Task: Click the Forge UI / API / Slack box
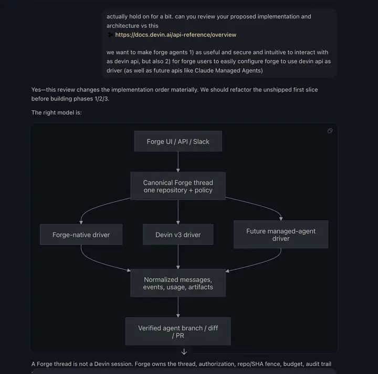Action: tap(178, 141)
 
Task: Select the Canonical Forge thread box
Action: tap(178, 186)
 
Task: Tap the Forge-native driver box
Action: tap(81, 235)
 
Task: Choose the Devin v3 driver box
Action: tap(178, 235)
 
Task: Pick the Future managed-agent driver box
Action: tap(281, 235)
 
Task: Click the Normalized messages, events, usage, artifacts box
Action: tap(178, 283)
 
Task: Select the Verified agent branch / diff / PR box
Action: tap(178, 331)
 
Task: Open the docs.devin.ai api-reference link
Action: tap(176, 35)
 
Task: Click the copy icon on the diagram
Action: tap(330, 131)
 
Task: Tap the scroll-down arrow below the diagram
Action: tap(184, 352)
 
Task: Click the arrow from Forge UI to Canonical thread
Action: tap(178, 162)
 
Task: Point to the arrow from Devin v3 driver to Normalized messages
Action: tap(178, 257)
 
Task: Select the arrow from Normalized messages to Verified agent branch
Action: tap(178, 307)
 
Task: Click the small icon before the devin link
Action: tap(110, 35)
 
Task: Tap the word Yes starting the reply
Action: tap(36, 89)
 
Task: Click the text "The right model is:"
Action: tap(56, 113)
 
